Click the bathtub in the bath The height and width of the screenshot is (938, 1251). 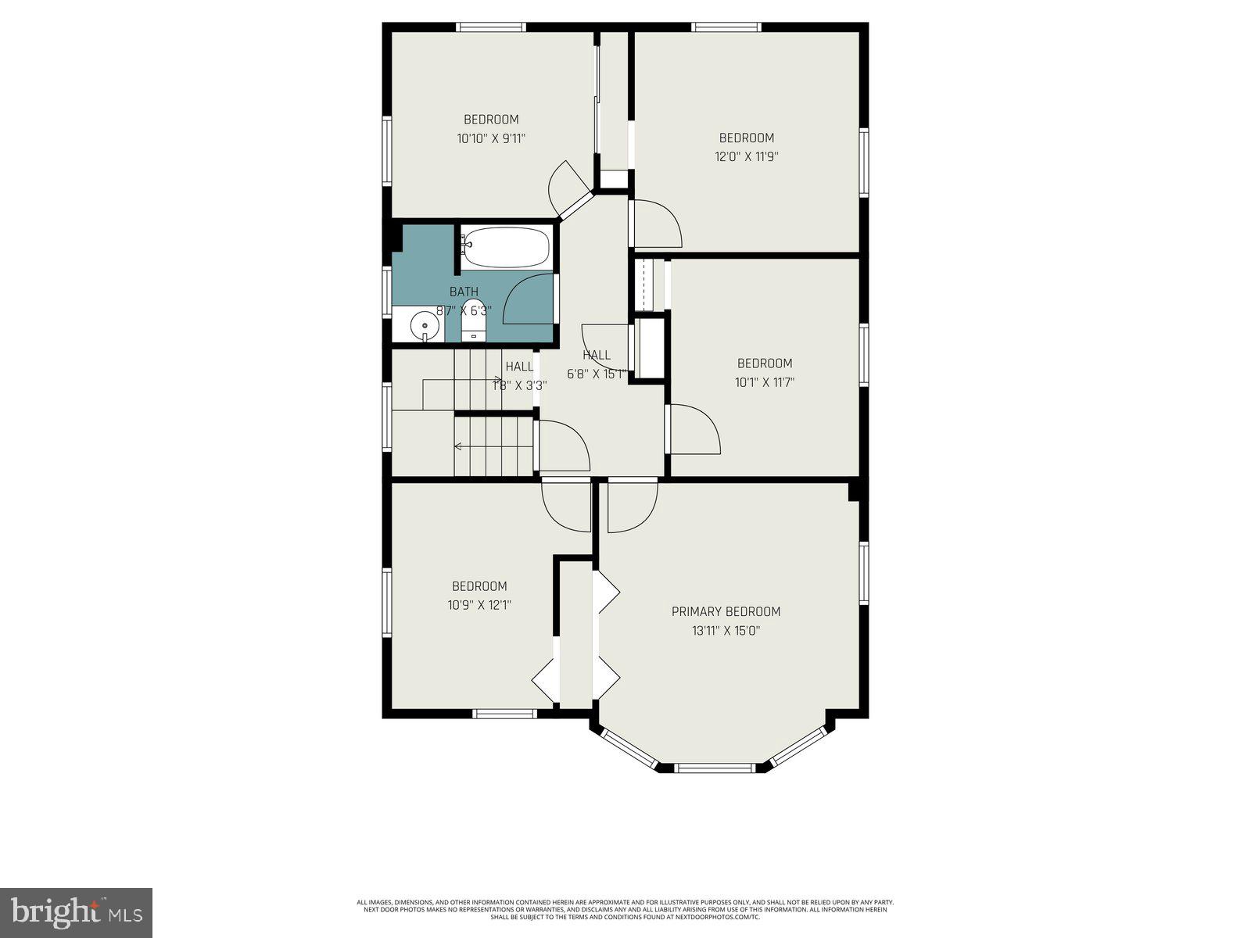pos(505,247)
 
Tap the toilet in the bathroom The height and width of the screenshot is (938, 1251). pos(473,321)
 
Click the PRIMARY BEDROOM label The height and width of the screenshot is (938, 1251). pos(726,611)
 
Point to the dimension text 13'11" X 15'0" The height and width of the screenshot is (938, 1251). pos(726,631)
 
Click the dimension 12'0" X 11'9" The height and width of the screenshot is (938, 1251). pos(746,156)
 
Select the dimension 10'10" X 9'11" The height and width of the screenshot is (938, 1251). pos(491,138)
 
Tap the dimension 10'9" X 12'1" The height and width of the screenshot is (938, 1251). pos(479,605)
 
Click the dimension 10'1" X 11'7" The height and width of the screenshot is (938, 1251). pos(765,382)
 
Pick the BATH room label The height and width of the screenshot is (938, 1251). pos(464,292)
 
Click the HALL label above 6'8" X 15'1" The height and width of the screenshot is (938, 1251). pos(597,355)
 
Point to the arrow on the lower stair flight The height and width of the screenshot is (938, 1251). pos(458,446)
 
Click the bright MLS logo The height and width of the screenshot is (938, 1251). pos(77,913)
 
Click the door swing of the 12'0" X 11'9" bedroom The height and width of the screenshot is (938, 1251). pos(655,224)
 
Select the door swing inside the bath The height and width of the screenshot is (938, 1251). pos(529,299)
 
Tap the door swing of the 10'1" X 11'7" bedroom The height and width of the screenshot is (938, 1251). pos(694,429)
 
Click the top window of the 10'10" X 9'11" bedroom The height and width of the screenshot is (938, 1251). pos(491,27)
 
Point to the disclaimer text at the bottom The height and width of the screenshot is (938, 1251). pos(625,910)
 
